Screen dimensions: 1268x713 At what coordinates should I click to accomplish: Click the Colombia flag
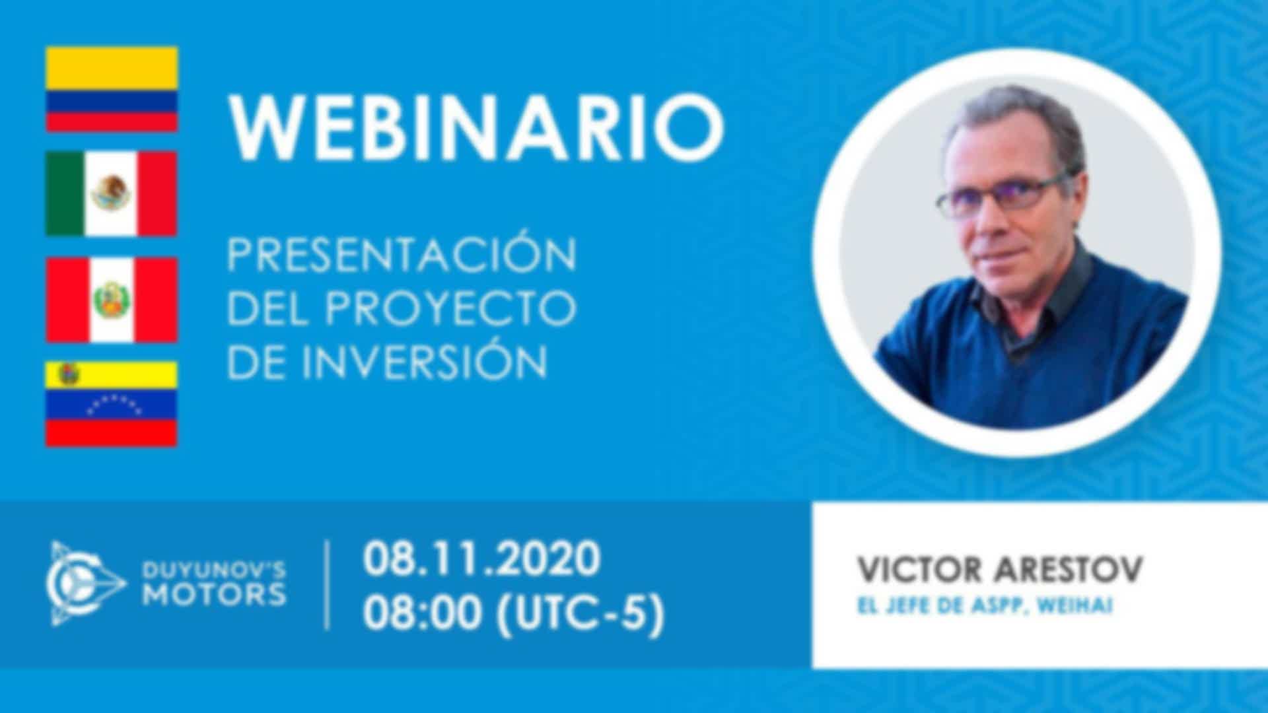tap(112, 89)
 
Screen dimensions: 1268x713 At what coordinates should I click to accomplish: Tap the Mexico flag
tap(112, 193)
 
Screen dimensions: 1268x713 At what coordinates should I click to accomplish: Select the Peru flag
tap(112, 300)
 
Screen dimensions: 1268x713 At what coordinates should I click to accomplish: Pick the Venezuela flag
tap(112, 404)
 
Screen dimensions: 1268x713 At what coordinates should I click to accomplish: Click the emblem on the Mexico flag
tap(111, 193)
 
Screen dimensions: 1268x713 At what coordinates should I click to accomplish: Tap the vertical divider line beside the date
tap(328, 585)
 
